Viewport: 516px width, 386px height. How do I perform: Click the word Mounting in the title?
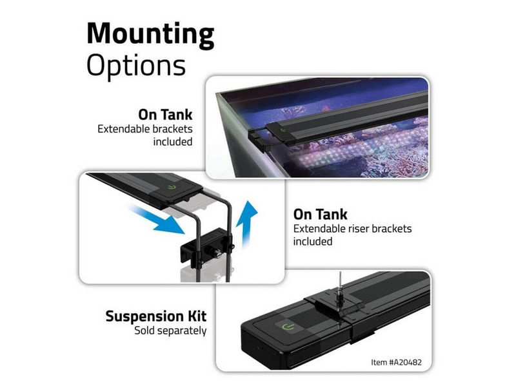point(150,35)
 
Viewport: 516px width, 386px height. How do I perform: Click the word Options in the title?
point(136,65)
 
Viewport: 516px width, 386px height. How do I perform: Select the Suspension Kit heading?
point(156,316)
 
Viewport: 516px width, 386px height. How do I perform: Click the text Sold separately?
point(170,331)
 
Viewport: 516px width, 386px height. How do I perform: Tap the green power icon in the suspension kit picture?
point(288,327)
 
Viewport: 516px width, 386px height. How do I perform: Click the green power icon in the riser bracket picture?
point(172,188)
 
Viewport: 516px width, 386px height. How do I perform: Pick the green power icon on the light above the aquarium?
point(283,131)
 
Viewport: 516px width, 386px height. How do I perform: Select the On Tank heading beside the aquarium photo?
point(165,115)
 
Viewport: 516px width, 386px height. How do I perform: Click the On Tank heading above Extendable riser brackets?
point(320,215)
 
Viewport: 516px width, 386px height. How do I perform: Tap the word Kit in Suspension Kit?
point(197,316)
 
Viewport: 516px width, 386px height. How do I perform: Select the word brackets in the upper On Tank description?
point(172,129)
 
